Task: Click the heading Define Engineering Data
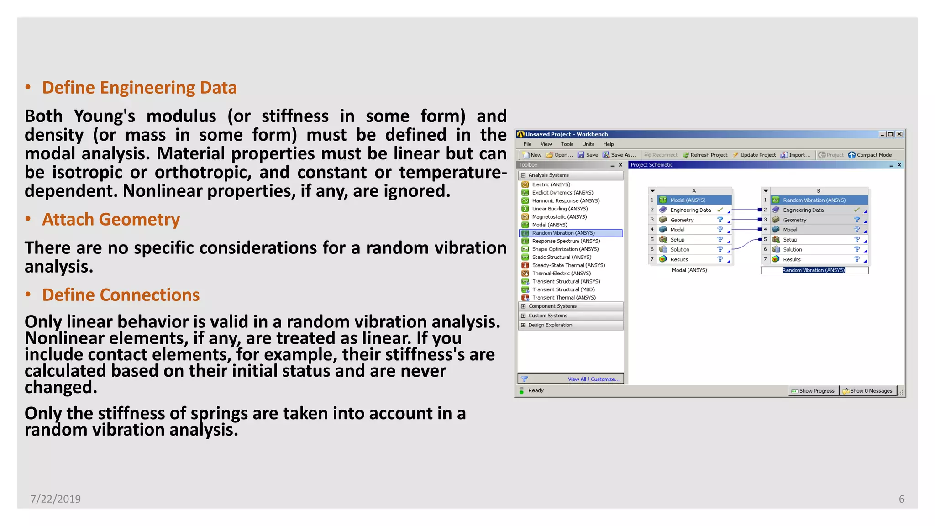139,88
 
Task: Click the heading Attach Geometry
111,220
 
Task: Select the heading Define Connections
121,295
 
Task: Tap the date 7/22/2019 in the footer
56,499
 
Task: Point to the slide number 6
901,499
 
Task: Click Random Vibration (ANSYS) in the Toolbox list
563,233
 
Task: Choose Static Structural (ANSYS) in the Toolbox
561,258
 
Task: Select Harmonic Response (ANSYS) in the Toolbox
565,201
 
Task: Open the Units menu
588,144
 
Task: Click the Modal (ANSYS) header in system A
688,200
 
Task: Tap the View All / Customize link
594,379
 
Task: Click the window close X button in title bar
899,134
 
